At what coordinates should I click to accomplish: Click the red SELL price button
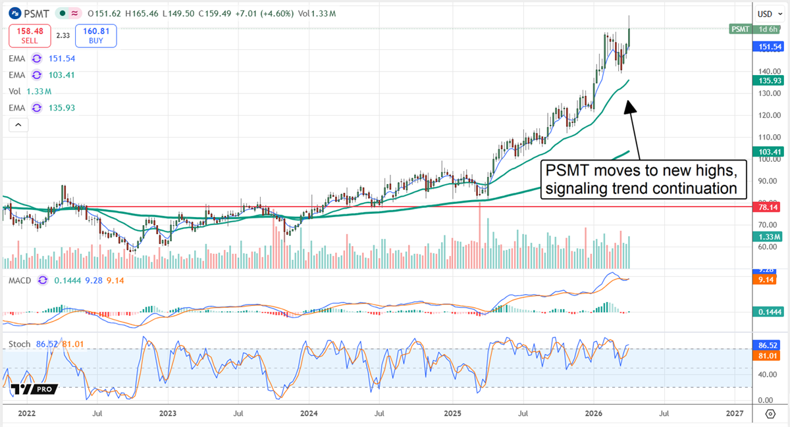pos(29,36)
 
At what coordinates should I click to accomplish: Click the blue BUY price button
pos(95,36)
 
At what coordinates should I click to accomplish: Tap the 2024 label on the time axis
pos(309,413)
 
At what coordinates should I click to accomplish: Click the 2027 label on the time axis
pos(735,413)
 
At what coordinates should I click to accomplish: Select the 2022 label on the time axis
pos(26,413)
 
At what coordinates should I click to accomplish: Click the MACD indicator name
pos(21,280)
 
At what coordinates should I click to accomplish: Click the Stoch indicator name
pos(20,344)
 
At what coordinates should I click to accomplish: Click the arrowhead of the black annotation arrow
pos(629,105)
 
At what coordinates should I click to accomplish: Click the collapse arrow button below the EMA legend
pos(18,124)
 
